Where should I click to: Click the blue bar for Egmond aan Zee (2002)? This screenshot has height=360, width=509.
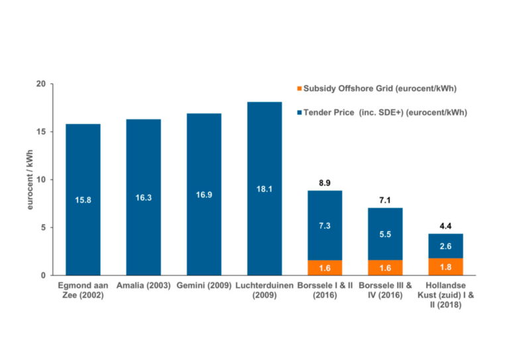pyautogui.click(x=83, y=199)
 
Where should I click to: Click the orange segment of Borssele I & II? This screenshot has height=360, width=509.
pyautogui.click(x=324, y=268)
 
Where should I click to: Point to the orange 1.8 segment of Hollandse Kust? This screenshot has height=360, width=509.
pyautogui.click(x=445, y=267)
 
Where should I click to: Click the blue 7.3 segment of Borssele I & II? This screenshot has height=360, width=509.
pyautogui.click(x=324, y=225)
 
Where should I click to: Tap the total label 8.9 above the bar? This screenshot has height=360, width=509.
pyautogui.click(x=324, y=182)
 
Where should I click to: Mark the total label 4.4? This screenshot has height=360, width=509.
pyautogui.click(x=445, y=225)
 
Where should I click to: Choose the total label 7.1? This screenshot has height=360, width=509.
pyautogui.click(x=384, y=199)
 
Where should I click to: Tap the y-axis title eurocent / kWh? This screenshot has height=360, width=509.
pyautogui.click(x=29, y=180)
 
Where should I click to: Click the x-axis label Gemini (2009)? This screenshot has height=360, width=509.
pyautogui.click(x=203, y=285)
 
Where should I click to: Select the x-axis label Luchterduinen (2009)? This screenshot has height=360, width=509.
pyautogui.click(x=264, y=290)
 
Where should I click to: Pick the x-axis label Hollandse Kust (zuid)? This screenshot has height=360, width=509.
pyautogui.click(x=445, y=294)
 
